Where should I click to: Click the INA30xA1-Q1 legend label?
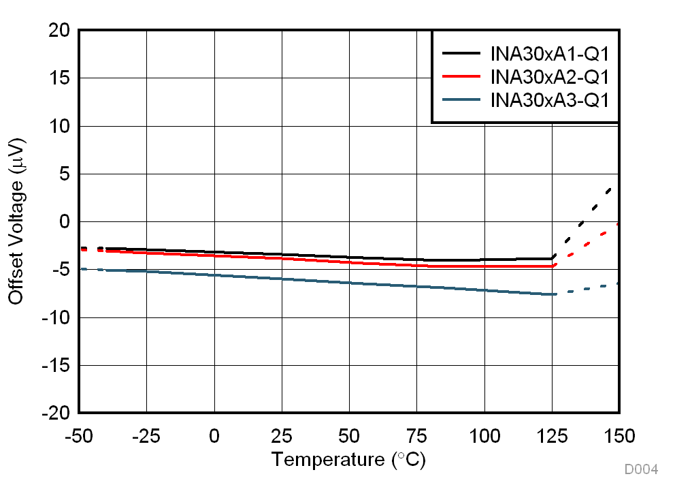coord(549,53)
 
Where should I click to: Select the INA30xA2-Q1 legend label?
coord(549,76)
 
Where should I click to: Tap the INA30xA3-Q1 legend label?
coord(549,99)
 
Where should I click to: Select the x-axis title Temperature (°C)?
coord(348,460)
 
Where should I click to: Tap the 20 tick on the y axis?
coord(59,31)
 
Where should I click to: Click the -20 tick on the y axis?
coord(55,413)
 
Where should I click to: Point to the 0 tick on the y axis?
coord(64,222)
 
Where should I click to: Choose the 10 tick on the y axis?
coord(59,126)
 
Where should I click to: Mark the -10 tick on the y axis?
coord(55,317)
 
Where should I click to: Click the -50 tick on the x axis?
coord(79,436)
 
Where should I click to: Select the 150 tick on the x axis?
coord(619,436)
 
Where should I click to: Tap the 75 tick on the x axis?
coord(416,436)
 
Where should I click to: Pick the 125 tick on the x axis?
coord(551,436)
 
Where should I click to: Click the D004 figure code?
coord(641,469)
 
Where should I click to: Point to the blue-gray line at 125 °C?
coord(552,294)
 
